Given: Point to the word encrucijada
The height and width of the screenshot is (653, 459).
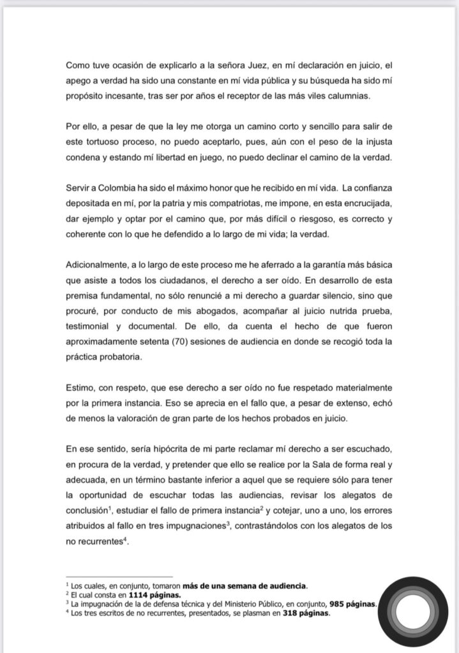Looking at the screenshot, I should point(365,203).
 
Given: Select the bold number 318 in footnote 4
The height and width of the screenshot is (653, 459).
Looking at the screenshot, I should point(292,614).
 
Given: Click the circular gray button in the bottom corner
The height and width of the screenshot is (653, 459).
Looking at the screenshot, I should point(412,612).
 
